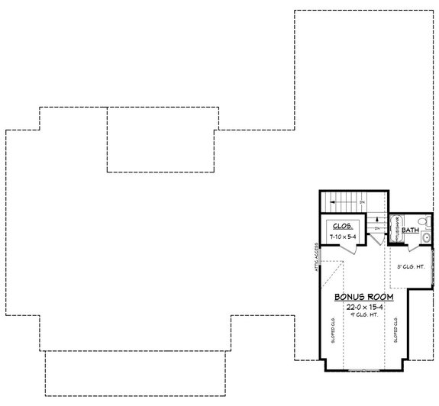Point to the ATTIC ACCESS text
pos(314,256)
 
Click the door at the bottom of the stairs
pos(377,240)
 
